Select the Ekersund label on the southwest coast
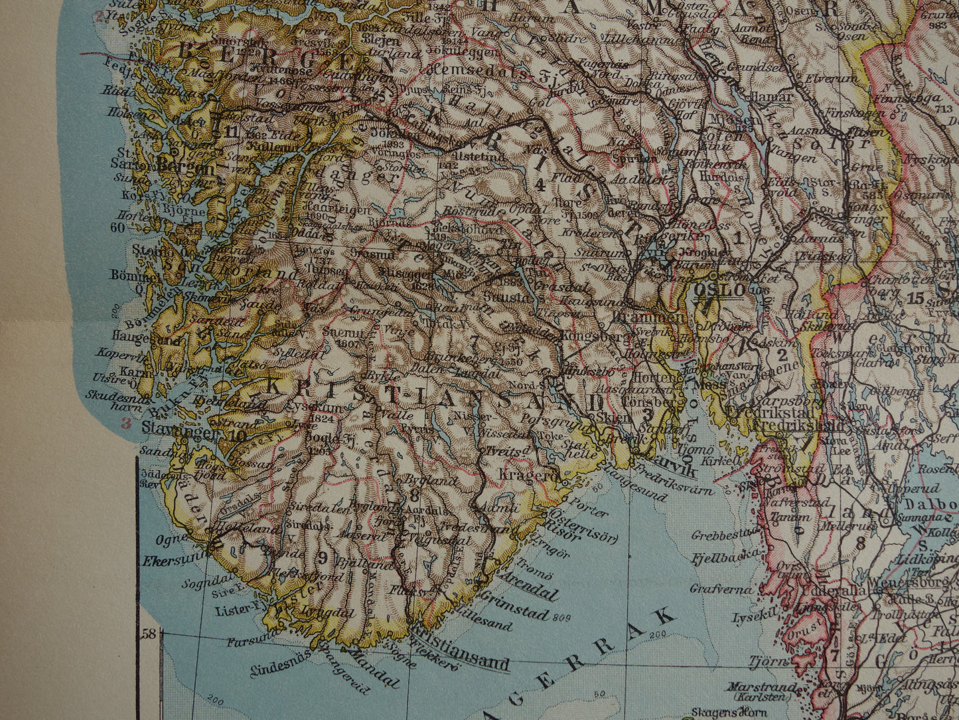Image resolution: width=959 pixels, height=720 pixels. pos(170,560)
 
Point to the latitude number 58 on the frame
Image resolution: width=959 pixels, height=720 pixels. pos(148,633)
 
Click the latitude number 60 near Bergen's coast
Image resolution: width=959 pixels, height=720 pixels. pos(118,228)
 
